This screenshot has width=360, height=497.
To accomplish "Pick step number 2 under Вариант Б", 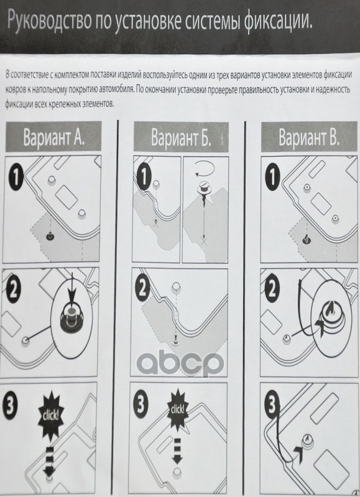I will [x=144, y=289].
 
